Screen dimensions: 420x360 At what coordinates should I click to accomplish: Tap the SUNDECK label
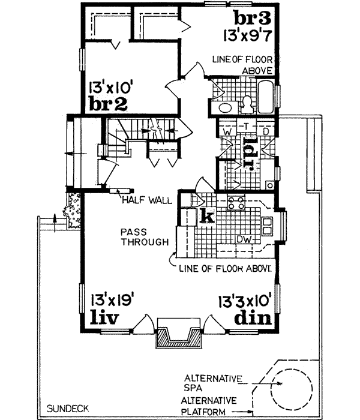point(68,408)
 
